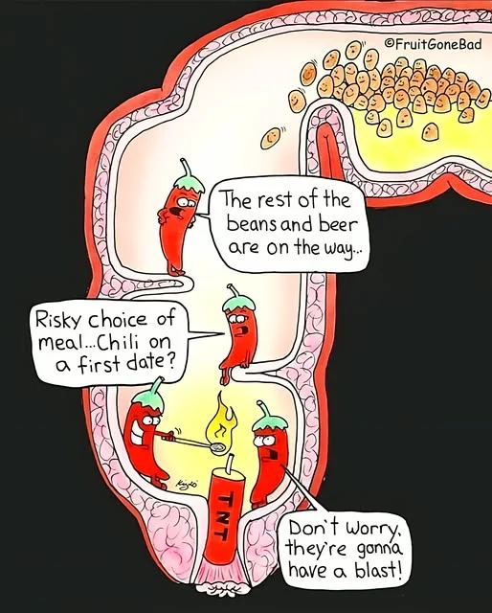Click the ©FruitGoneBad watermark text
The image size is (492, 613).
tap(433, 43)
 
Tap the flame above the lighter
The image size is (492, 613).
tap(221, 420)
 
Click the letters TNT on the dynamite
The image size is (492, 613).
tap(225, 513)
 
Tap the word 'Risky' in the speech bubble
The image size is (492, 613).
tap(58, 320)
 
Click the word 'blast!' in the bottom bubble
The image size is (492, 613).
tap(378, 569)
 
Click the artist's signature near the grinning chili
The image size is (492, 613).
tap(188, 483)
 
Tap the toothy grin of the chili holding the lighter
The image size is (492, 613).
tap(138, 435)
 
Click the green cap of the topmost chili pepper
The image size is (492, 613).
tap(190, 183)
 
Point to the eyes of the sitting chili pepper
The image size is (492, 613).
tap(235, 319)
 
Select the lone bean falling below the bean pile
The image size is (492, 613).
tap(271, 138)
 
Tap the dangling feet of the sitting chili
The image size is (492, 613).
tap(225, 375)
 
